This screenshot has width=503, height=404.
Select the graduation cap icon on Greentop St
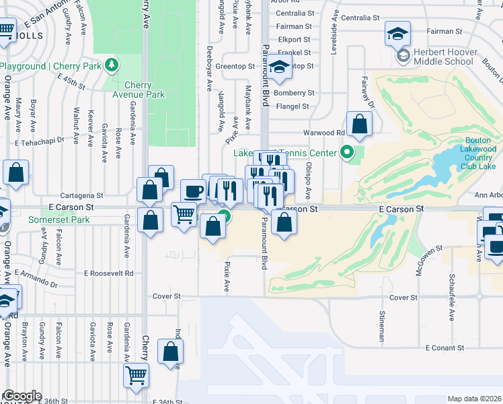click(279, 67)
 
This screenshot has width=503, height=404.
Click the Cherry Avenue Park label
click(145, 90)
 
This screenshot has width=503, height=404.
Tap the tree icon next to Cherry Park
click(110, 65)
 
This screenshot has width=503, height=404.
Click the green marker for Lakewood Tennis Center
click(347, 153)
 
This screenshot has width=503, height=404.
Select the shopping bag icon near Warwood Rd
click(360, 124)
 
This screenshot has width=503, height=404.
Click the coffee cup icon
click(193, 191)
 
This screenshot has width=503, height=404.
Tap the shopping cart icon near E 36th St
click(137, 375)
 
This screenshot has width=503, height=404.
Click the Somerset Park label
click(59, 220)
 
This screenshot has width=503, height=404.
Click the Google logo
click(22, 397)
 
